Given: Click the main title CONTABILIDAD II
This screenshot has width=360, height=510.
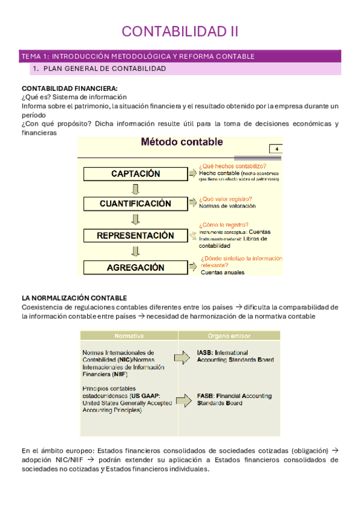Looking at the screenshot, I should [180, 31].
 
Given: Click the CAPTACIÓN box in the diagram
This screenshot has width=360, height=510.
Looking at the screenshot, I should [136, 174].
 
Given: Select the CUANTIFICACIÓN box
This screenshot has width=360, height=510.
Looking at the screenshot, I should [136, 204].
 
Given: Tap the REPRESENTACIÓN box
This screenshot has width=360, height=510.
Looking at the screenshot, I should [136, 236].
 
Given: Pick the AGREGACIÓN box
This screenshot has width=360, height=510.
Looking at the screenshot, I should [136, 268].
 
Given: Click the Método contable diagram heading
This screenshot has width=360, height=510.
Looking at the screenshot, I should [182, 143].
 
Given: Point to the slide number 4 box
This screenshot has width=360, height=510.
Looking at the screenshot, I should [276, 149].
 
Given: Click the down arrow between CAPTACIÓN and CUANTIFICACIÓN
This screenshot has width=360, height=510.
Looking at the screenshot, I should [136, 189].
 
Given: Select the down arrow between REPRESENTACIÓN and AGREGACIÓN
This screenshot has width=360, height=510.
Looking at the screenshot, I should [136, 251].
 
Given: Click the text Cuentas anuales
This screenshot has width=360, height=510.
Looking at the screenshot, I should [222, 272].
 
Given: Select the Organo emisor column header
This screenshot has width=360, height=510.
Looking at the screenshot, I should [229, 336].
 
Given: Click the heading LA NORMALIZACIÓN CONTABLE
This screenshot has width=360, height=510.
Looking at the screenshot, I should [74, 298].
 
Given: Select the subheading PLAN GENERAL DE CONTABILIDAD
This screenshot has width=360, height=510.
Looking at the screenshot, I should [105, 69].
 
